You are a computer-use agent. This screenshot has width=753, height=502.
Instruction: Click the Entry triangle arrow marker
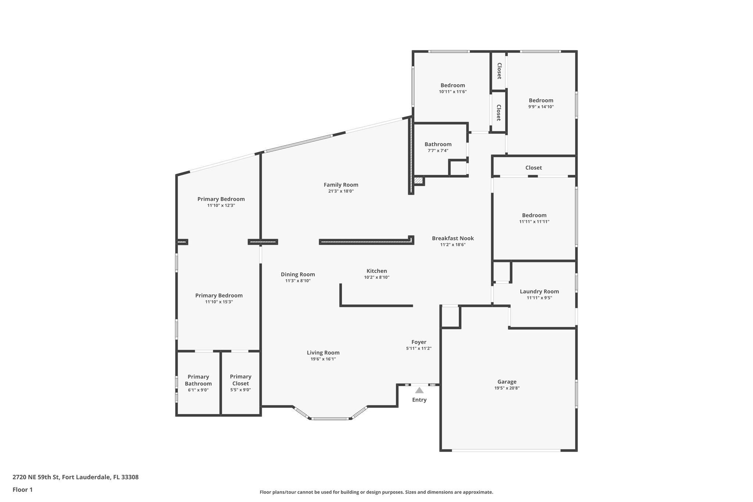pos(419,391)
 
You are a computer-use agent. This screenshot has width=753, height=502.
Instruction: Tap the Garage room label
pos(507,382)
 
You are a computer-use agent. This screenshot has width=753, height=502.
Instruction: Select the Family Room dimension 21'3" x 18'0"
pos(341,191)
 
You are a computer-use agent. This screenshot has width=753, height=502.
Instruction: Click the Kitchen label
pos(376,271)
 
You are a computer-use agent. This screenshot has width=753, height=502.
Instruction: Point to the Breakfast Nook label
pos(453,238)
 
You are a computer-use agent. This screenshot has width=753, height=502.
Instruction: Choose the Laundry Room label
pos(539,292)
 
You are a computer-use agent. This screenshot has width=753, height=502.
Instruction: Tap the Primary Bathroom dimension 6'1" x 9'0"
pos(198,390)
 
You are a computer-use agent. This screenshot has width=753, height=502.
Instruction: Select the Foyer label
pos(418,342)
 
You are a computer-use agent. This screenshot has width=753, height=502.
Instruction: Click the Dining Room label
pos(298,274)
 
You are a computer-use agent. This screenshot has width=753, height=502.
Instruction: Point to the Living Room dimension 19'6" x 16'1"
pos(323,359)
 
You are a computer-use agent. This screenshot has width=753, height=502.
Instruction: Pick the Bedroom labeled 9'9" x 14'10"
pos(541,100)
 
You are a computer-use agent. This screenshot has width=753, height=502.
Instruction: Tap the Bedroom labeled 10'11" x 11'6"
pos(453,85)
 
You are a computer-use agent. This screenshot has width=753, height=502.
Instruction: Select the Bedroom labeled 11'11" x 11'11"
pos(534,216)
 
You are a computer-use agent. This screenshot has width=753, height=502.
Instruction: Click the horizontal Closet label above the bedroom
pos(533,168)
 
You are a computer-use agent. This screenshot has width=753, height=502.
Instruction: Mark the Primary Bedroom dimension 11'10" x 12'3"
pos(221,206)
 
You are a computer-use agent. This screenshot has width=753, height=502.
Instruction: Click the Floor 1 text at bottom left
pos(22,489)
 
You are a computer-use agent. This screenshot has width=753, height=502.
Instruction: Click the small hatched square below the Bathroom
pos(418,181)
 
